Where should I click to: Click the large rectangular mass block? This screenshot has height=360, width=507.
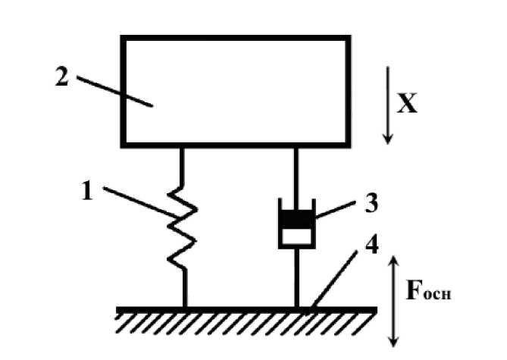pyautogui.click(x=236, y=91)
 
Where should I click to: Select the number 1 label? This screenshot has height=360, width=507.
pyautogui.click(x=87, y=192)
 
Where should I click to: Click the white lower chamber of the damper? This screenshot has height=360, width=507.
pyautogui.click(x=296, y=236)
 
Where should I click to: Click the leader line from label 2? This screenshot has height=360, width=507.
pyautogui.click(x=114, y=90)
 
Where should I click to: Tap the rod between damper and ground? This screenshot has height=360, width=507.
pyautogui.click(x=296, y=277)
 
